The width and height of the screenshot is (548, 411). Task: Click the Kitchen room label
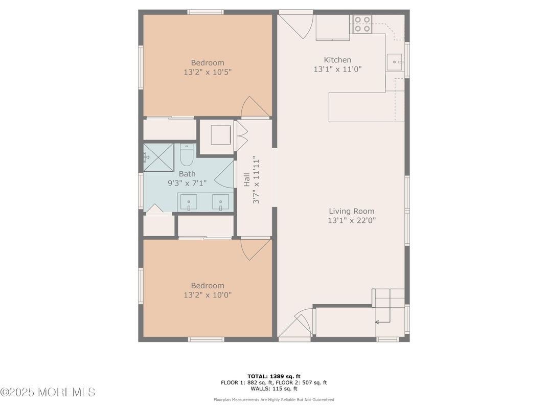pyautogui.click(x=337, y=60)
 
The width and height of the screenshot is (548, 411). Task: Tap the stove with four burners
pyautogui.click(x=362, y=24)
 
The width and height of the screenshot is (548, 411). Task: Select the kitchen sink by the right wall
pyautogui.click(x=394, y=62)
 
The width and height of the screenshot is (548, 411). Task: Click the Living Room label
pyautogui.click(x=351, y=211)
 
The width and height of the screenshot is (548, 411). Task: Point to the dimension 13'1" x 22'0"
pyautogui.click(x=352, y=220)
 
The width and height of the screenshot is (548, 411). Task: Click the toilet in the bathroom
pyautogui.click(x=186, y=155)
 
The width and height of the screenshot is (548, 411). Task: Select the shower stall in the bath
pyautogui.click(x=158, y=157)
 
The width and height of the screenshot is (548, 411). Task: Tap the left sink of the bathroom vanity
pyautogui.click(x=188, y=202)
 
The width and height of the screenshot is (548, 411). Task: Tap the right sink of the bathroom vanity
pyautogui.click(x=220, y=202)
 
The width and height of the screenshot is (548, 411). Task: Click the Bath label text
pyautogui.click(x=187, y=174)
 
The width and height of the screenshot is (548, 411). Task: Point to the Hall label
pyautogui.click(x=247, y=179)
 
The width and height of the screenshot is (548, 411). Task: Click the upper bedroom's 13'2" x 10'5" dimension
pyautogui.click(x=208, y=72)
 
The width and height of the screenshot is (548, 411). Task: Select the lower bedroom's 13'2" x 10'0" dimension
pyautogui.click(x=208, y=295)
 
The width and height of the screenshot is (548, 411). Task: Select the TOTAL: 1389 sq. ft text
pyautogui.click(x=273, y=376)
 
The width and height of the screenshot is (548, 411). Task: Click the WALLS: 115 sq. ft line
pyautogui.click(x=273, y=389)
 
